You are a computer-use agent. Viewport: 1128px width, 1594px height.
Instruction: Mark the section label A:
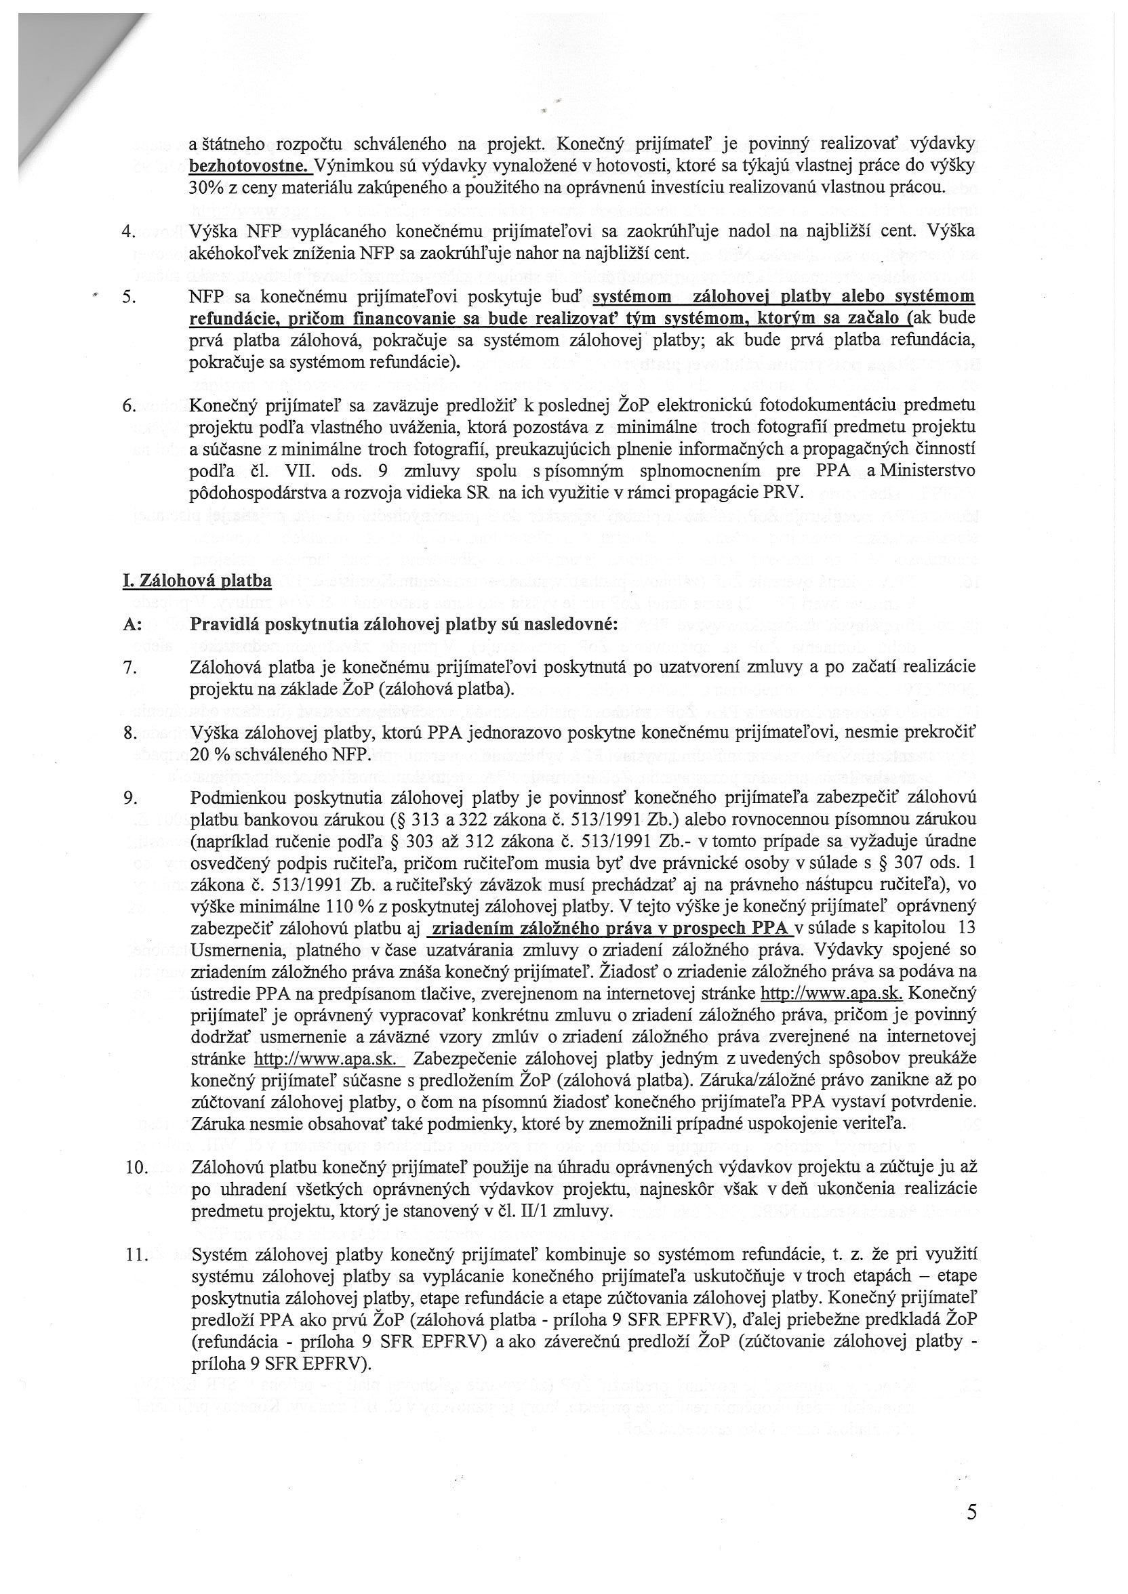point(132,624)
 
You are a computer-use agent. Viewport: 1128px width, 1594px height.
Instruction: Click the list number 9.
point(128,798)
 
